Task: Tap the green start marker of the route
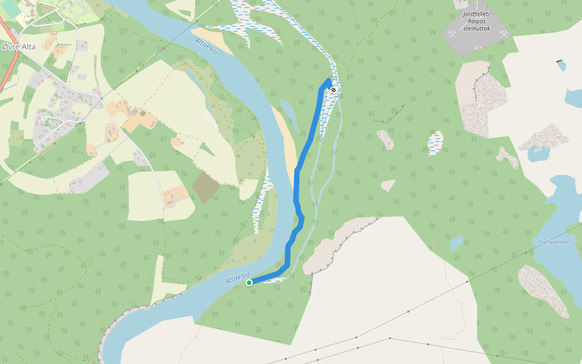point(249,282)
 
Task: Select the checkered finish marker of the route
point(333,90)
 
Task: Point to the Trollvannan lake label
point(554,241)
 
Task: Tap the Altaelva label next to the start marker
point(238,278)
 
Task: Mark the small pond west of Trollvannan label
point(457,243)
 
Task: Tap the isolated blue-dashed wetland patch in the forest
point(435,143)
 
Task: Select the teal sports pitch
point(9,10)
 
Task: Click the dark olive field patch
point(206,187)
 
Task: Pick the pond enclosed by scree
point(538,153)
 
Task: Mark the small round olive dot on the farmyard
point(143,113)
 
